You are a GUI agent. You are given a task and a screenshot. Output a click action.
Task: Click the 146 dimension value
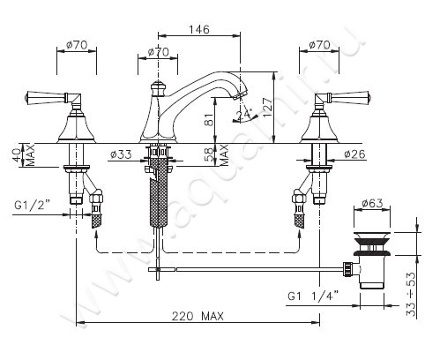point(199,29)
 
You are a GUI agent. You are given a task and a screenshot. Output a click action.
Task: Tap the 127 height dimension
point(268,107)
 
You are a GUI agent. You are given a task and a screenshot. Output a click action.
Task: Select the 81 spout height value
point(209,119)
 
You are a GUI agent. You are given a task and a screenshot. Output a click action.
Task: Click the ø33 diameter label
point(121,154)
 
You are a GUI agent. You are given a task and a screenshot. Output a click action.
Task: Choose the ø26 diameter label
point(354,154)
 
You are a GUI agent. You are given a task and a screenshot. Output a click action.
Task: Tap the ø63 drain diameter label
point(372,203)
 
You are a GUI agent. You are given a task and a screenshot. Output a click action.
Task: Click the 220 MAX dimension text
point(198,317)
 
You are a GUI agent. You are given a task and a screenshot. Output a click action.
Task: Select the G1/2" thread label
point(33,205)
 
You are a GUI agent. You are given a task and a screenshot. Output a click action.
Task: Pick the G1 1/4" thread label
point(313,296)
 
